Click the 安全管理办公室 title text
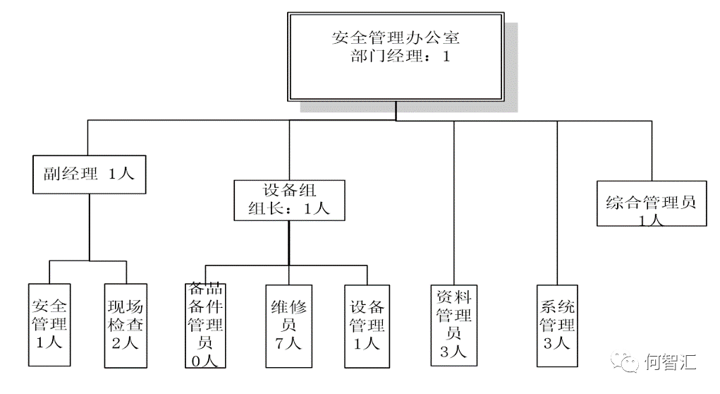(x=396, y=37)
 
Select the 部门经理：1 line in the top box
(x=400, y=56)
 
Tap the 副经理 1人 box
(x=90, y=174)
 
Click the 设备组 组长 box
(x=289, y=200)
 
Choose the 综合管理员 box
(x=652, y=203)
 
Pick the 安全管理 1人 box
(x=49, y=325)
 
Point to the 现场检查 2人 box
(x=126, y=326)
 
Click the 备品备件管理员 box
(x=205, y=326)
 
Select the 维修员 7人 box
(x=289, y=326)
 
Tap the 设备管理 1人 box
(x=367, y=326)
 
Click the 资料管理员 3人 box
(x=454, y=325)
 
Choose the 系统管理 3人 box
(x=557, y=326)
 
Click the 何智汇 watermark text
(x=671, y=362)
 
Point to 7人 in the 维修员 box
(x=288, y=343)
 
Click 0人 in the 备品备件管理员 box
(x=205, y=361)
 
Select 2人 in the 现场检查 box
(x=125, y=343)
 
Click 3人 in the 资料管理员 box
(x=453, y=352)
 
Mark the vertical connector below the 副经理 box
(x=90, y=227)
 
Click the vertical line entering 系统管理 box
(x=557, y=203)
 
